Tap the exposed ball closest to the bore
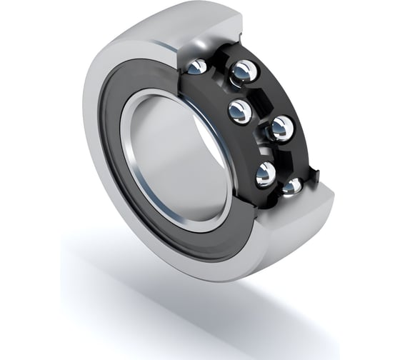point(239,111)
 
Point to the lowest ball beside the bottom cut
point(293,186)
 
